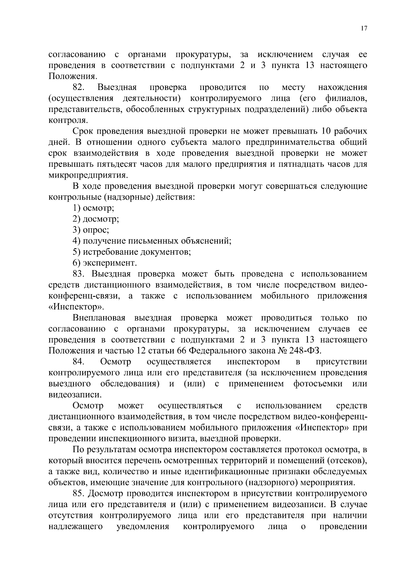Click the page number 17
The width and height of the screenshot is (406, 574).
pyautogui.click(x=364, y=29)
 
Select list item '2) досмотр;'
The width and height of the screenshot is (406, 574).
pyautogui.click(x=96, y=219)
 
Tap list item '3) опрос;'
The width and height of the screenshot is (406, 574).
pyautogui.click(x=91, y=230)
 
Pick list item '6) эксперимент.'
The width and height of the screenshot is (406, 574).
pyautogui.click(x=105, y=263)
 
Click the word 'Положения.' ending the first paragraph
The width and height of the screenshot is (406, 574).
pyautogui.click(x=71, y=76)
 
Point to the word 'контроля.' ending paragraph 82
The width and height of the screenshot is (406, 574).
pyautogui.click(x=68, y=120)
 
